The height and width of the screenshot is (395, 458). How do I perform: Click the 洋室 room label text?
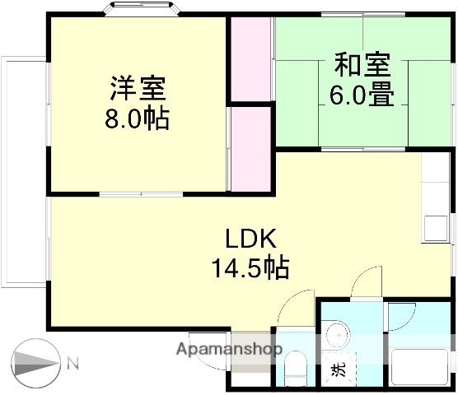(x=137, y=88)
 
